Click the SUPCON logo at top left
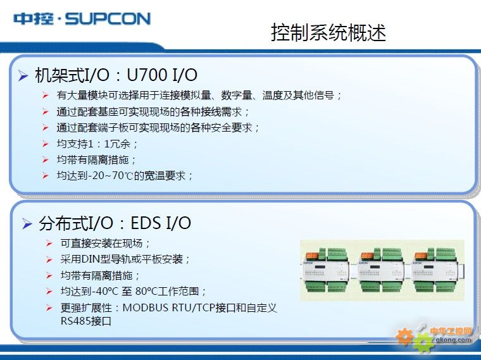(82, 18)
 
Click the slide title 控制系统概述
(328, 32)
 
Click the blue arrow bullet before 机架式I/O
(23, 75)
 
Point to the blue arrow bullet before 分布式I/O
(27, 224)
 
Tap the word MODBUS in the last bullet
(145, 307)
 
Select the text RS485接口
(86, 321)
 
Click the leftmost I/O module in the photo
(327, 270)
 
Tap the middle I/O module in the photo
(381, 270)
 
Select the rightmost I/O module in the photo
(435, 270)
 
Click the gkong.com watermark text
(453, 340)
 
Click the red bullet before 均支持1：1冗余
(46, 144)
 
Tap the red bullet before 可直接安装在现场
(49, 244)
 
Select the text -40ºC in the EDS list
(104, 291)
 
